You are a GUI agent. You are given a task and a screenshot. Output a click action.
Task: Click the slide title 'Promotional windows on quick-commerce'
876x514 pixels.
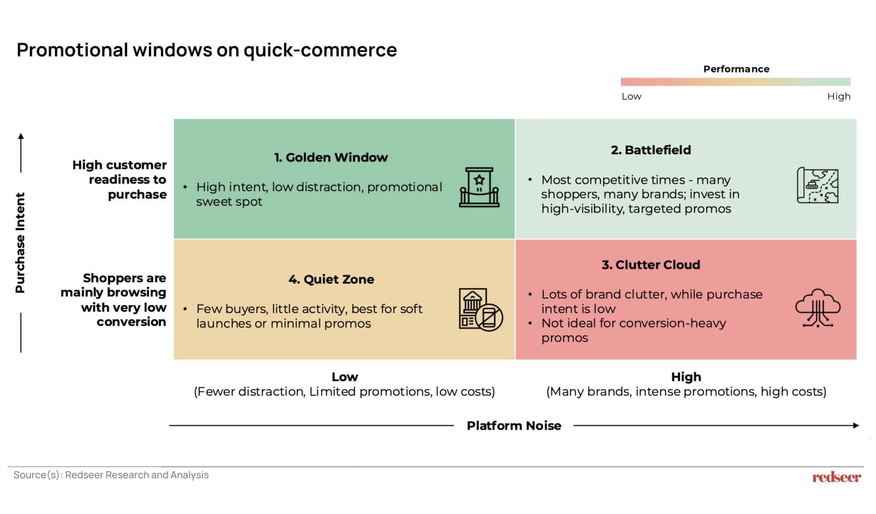pos(207,50)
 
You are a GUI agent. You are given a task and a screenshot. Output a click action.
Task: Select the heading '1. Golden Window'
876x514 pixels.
pos(331,157)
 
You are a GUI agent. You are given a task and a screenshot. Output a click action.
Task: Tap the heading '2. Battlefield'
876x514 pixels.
pos(651,150)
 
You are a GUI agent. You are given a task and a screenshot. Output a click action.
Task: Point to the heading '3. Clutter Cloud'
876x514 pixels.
pos(651,265)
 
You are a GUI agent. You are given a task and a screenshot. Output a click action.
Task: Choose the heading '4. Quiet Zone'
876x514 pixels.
pos(331,279)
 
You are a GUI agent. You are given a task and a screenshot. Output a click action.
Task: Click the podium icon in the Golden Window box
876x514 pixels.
pos(479,187)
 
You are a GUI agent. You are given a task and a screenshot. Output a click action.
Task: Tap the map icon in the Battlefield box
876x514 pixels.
pos(817,185)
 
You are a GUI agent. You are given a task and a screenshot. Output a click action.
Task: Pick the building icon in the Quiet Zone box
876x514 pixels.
pos(481,309)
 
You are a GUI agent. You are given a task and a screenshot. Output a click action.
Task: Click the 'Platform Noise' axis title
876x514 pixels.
pos(514,425)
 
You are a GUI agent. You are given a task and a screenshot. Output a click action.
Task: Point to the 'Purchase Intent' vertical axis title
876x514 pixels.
pos(20,243)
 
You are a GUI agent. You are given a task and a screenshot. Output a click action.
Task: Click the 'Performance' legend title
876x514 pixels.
pos(736,69)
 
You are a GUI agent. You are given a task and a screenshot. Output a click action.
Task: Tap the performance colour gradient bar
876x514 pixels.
pos(736,82)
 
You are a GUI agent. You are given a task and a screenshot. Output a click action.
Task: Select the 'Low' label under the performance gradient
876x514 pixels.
pos(631,96)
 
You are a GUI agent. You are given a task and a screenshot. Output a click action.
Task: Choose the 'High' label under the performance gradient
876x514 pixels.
pos(839,96)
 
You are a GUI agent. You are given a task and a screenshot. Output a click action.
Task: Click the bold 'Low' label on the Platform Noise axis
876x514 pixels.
pos(345,377)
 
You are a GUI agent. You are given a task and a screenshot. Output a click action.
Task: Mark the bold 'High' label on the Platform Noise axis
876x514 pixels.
pos(686,377)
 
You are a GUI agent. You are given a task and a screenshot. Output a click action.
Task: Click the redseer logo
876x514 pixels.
pos(837,477)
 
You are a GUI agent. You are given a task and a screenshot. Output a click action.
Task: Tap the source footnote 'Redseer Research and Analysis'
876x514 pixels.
pos(137,475)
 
